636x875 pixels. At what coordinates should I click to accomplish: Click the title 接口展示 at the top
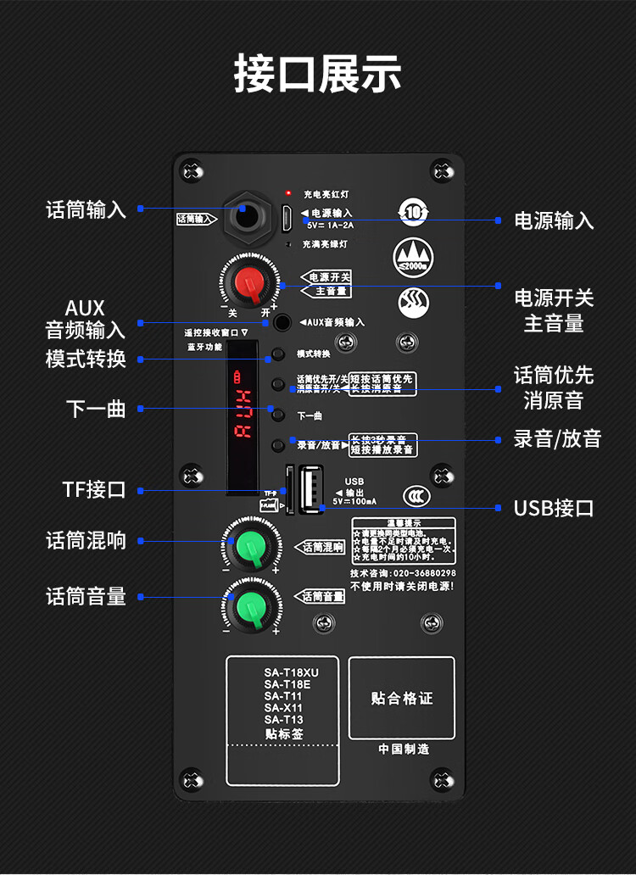(x=318, y=75)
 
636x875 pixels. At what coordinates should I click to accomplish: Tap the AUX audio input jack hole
(x=280, y=322)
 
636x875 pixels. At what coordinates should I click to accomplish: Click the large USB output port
(x=310, y=489)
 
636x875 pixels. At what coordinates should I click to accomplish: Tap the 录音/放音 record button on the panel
(x=277, y=445)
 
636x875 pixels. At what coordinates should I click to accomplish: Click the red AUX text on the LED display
(x=243, y=415)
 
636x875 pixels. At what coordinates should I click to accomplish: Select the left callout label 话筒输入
(x=86, y=209)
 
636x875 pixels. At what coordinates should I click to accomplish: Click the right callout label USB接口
(x=554, y=509)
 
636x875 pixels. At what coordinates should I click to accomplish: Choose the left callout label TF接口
(x=94, y=489)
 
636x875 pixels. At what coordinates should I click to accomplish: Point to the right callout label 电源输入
(x=554, y=221)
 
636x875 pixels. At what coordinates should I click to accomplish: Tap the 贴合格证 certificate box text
(x=402, y=699)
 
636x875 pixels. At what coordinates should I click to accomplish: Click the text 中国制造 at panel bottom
(x=403, y=749)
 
